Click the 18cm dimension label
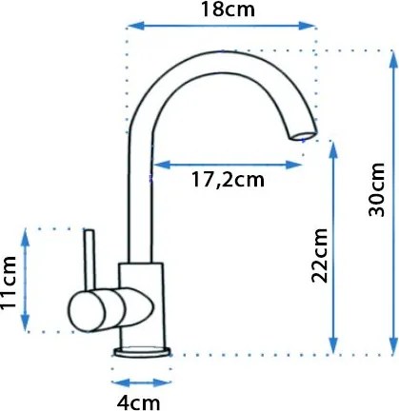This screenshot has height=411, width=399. coord(228,10)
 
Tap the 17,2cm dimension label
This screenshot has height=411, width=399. coord(228,180)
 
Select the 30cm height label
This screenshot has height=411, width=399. coord(377,190)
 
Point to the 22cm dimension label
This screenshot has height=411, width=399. coord(319,255)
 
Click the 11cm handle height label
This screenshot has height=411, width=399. coord(9,283)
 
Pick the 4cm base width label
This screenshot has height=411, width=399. coord(138,402)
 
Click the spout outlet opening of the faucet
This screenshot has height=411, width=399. coord(303,136)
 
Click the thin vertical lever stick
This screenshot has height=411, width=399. coord(90,260)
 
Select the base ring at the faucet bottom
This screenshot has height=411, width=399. coord(142,352)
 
